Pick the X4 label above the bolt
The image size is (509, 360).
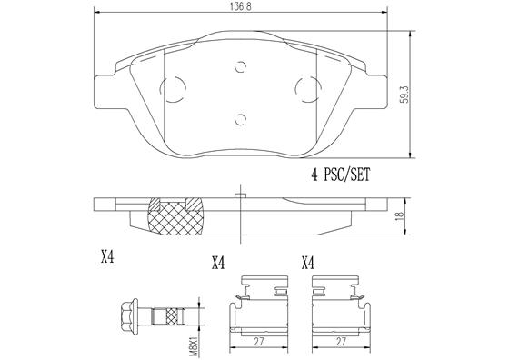[106, 257]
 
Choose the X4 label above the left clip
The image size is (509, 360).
[217, 264]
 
